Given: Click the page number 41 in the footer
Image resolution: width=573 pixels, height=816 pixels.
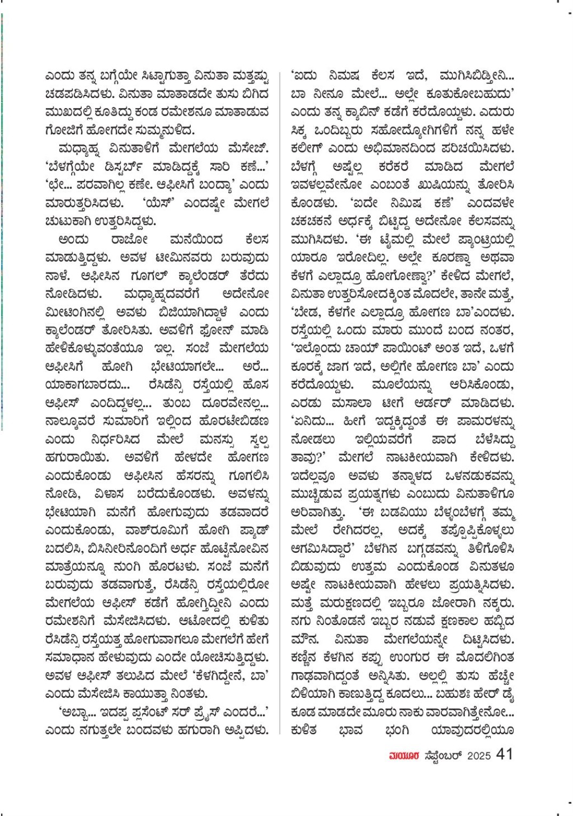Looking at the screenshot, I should pos(505,754).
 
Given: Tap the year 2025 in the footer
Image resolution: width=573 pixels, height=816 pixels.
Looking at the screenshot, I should pos(478,756).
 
